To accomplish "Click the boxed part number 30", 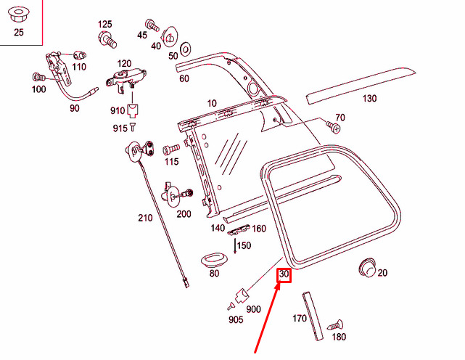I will [x=284, y=275].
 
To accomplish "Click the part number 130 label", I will [x=370, y=99].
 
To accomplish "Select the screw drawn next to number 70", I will [x=334, y=127].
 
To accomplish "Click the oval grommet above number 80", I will [x=213, y=258].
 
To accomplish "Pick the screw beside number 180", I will [x=335, y=326].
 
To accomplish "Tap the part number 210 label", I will [x=145, y=218].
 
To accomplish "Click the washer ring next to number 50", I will [x=184, y=49].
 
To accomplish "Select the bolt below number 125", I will [x=107, y=38].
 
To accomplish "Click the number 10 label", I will [x=211, y=104].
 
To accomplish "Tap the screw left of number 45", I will [x=152, y=24].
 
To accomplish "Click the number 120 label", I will [x=124, y=63].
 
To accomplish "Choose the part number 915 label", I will [x=120, y=128].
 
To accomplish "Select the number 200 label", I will [x=184, y=213].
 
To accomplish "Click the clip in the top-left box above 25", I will [x=18, y=13].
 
